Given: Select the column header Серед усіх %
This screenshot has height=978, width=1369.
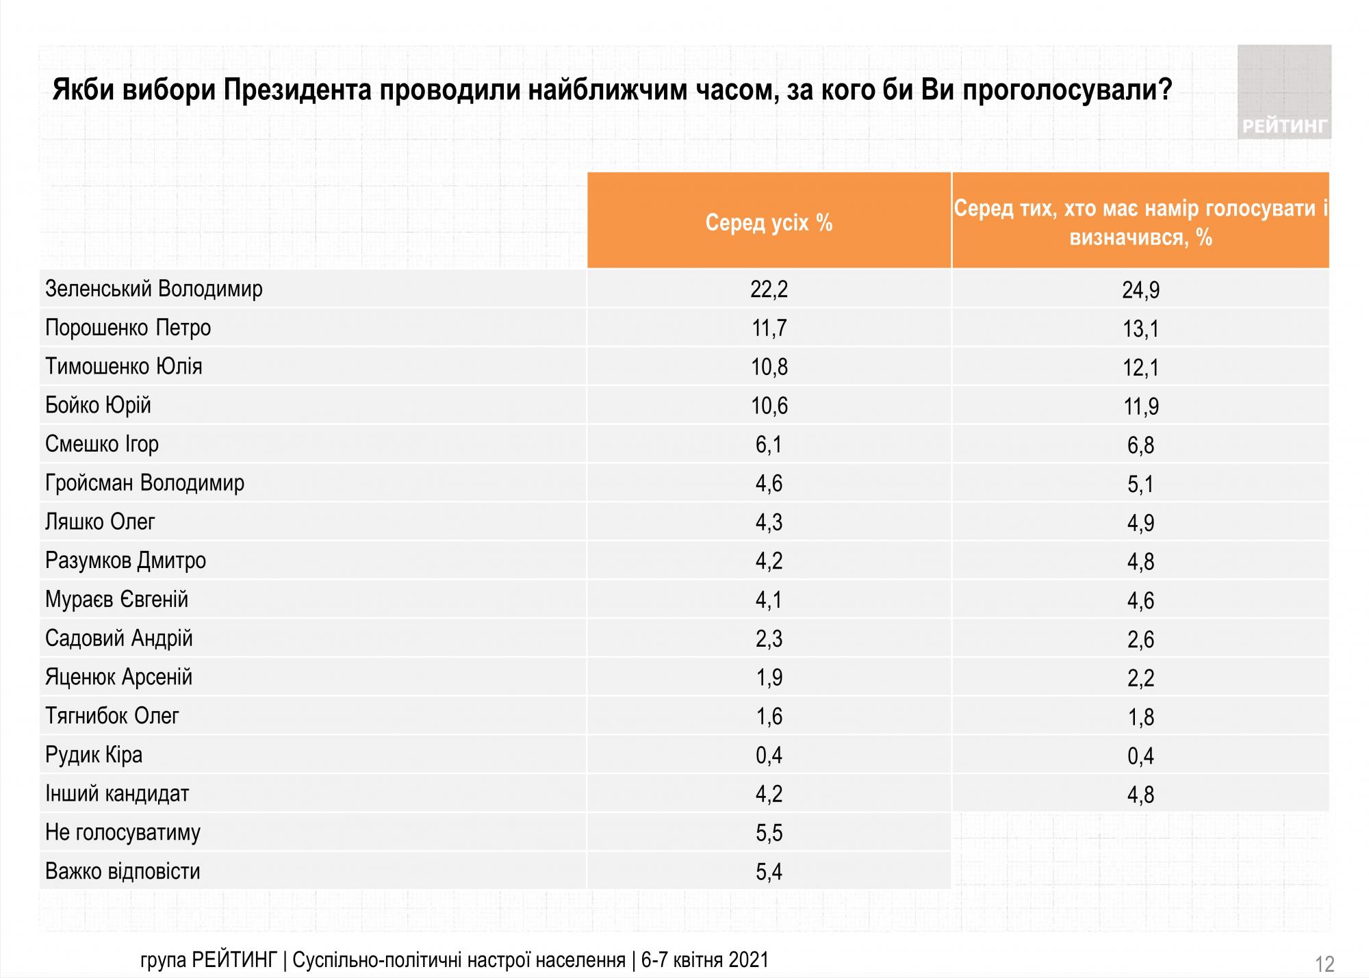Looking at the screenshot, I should point(769,222).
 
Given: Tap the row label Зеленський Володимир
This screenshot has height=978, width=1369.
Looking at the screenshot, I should point(154,289).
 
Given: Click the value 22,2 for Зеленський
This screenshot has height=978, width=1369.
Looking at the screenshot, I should point(769,289).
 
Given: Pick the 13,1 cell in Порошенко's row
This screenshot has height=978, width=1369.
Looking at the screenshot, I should point(1140,329).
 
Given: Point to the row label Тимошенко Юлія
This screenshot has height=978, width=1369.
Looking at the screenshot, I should point(124,366).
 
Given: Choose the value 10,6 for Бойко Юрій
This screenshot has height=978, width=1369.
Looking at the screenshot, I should point(769,406).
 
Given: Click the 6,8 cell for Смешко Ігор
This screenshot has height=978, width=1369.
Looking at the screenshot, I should point(1140,446).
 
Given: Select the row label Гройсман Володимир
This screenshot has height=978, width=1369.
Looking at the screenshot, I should point(144,483).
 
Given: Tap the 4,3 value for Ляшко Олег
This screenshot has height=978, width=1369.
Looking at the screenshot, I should point(769,522).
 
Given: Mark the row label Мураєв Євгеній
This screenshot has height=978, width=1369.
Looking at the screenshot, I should point(116,600).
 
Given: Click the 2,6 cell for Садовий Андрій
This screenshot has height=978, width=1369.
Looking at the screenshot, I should point(1140,639).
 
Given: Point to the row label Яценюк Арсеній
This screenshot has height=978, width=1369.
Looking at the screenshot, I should point(118,678).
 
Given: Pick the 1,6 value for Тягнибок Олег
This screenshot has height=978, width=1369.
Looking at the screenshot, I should point(769,717).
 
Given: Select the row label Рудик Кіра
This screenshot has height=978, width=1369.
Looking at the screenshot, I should point(94,755).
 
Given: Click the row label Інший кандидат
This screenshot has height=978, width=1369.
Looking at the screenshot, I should point(117,794).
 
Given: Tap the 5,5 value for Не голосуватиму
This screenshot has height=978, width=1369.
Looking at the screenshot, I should point(769,833).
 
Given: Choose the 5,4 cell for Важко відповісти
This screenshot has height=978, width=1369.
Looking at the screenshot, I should point(769,872).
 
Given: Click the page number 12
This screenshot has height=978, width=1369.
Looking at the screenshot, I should point(1325,964).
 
